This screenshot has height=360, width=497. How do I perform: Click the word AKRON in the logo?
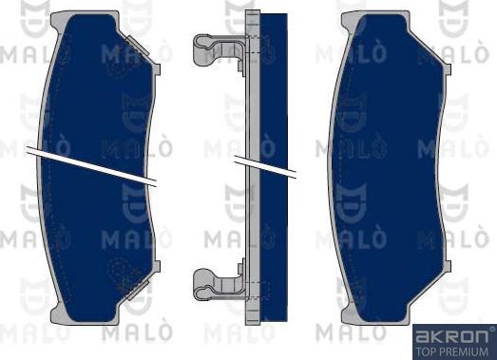click(451, 336)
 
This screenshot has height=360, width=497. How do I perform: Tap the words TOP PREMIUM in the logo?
click(451, 351)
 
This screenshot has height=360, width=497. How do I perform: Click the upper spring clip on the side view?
click(219, 51)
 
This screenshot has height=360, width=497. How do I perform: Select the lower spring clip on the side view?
click(219, 284)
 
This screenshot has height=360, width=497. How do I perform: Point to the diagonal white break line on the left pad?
click(91, 166)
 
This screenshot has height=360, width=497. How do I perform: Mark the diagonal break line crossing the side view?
click(265, 167)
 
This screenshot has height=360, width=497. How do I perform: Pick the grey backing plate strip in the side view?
click(253, 167)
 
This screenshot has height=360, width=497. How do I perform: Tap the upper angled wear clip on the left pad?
click(138, 47)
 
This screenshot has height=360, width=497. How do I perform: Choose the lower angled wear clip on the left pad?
click(138, 290)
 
